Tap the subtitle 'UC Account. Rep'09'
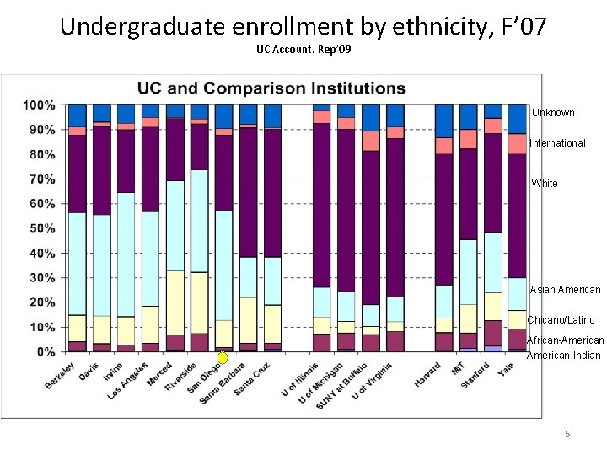pos(303,51)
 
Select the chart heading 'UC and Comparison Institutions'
pos(271,88)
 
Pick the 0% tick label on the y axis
pos(46,351)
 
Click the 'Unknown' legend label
pos(553,113)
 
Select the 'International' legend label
pos(557,143)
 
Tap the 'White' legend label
pos(545,184)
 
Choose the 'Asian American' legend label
pos(565,290)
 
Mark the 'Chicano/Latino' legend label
pos(561,320)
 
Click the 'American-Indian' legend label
pos(564,356)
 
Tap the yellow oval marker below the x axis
pos(223,358)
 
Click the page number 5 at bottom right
pos(567,433)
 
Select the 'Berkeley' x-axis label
pos(60,376)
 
